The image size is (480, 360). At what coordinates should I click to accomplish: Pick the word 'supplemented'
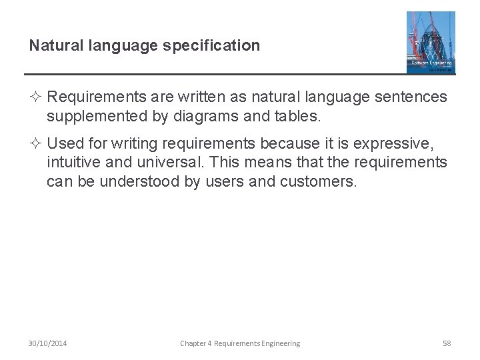92,117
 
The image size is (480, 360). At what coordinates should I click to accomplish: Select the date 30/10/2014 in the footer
47,343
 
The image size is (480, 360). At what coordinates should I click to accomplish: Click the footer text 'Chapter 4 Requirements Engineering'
240,343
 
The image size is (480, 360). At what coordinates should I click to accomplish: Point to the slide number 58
447,343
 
